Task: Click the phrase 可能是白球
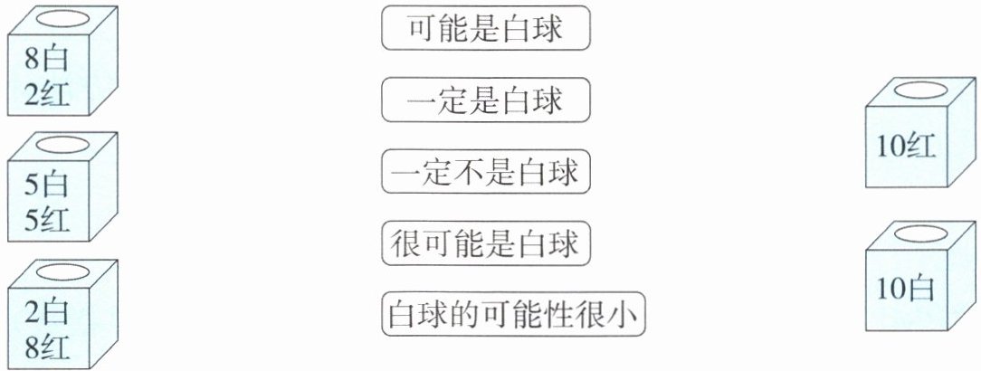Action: pos(486,30)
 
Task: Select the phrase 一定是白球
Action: pos(486,100)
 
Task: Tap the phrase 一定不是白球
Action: pos(486,172)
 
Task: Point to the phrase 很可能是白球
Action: pos(486,243)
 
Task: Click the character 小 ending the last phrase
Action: pos(624,315)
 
